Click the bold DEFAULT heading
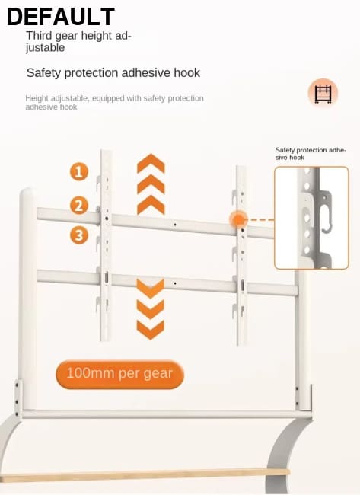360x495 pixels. click(x=61, y=17)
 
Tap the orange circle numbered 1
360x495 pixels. click(x=79, y=172)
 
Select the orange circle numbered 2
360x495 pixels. click(x=79, y=205)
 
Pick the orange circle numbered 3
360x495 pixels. click(x=79, y=235)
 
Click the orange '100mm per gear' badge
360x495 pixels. click(x=119, y=374)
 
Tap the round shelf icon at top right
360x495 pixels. click(x=323, y=93)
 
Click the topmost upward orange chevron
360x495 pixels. click(x=151, y=164)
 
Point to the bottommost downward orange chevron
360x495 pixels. click(x=151, y=330)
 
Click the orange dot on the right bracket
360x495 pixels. click(x=238, y=220)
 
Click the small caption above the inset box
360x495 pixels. click(x=311, y=153)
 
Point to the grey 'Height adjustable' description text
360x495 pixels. click(x=114, y=103)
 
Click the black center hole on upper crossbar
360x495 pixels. click(x=175, y=225)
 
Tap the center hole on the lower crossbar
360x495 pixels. click(x=175, y=283)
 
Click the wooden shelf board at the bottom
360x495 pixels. click(x=145, y=476)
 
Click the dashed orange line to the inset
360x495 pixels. click(x=260, y=220)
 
